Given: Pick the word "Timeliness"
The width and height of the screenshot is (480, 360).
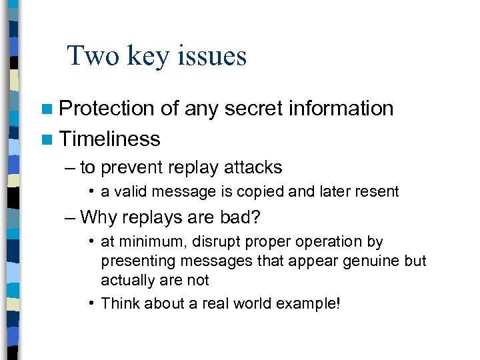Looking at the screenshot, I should pos(110,139).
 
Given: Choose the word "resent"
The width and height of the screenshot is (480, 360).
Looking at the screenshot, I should pos(377,192).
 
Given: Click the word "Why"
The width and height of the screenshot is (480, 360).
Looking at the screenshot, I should pos(97,217).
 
